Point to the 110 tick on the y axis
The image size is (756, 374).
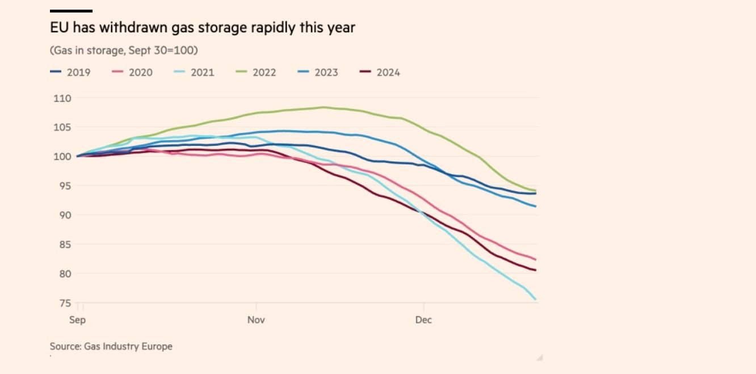63,98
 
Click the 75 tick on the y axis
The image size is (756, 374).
65,303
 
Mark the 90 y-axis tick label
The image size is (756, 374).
65,215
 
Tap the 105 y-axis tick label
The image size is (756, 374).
63,127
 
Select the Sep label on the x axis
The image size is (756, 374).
77,320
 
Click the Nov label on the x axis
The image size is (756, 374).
257,320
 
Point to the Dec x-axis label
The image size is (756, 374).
423,320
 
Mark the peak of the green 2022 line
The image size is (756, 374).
323,107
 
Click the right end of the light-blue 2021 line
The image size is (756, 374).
536,299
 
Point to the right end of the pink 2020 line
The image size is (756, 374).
536,259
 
